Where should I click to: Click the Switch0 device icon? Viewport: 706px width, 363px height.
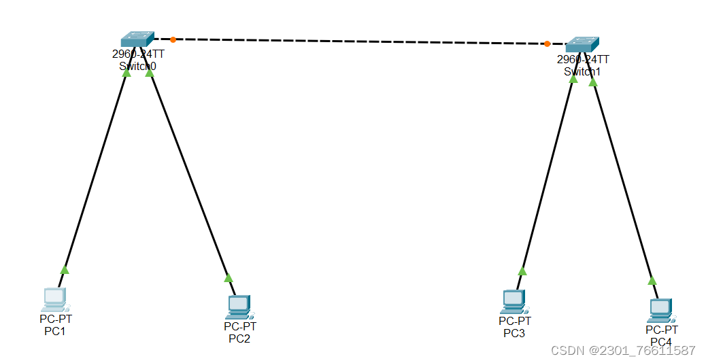(137, 39)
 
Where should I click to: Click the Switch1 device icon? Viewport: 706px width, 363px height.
(582, 45)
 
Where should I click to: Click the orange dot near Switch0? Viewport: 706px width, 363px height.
(173, 39)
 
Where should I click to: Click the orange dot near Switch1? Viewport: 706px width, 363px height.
(547, 44)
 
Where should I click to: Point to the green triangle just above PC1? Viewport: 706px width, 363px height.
(65, 270)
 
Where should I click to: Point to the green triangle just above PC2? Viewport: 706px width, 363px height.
(229, 277)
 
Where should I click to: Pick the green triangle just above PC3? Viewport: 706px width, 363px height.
(522, 271)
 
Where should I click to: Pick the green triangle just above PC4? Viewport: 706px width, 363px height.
(652, 280)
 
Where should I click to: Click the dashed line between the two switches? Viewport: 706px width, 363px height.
(360, 41)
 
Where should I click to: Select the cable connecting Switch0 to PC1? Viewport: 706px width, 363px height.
(95, 170)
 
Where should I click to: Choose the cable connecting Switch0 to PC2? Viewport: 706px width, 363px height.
(189, 173)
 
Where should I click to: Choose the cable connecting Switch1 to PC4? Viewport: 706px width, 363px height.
(622, 180)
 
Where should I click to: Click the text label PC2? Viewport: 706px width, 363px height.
(239, 339)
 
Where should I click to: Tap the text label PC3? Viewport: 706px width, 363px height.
(514, 333)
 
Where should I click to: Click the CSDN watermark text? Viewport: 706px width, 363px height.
(623, 351)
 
